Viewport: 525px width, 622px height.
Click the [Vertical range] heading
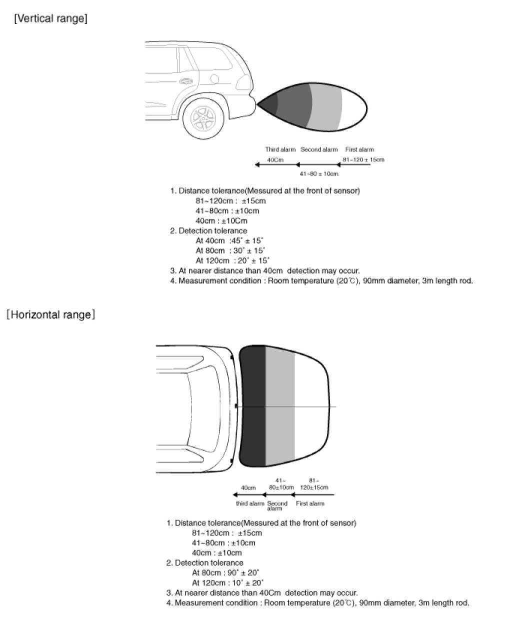coord(50,19)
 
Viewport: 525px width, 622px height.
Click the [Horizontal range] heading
coord(50,315)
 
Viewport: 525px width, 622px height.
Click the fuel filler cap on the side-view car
coord(214,79)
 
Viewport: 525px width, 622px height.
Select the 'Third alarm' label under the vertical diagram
coord(280,150)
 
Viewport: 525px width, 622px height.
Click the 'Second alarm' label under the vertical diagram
coord(319,150)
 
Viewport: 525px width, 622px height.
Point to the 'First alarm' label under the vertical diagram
coord(359,150)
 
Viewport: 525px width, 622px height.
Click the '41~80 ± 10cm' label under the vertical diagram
coord(318,174)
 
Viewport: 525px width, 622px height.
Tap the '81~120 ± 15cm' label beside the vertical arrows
coord(363,160)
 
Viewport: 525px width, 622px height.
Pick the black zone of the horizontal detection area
coord(252,405)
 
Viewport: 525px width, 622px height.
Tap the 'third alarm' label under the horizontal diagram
coord(250,503)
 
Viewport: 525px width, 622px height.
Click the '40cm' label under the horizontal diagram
coord(248,487)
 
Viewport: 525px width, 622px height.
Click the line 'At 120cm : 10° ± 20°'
coord(227,583)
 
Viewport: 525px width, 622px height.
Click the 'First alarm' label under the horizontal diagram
coord(310,503)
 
